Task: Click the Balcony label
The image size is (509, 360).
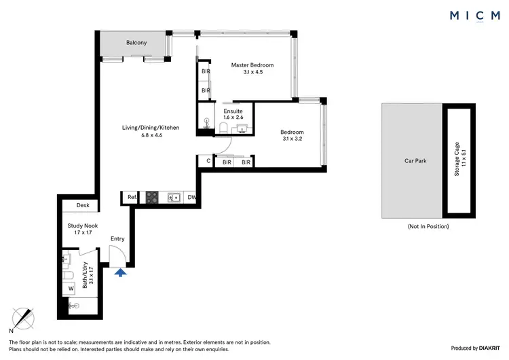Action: click(136, 43)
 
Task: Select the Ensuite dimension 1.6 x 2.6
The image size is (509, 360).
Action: click(234, 118)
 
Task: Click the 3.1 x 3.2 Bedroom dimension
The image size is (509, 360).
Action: click(292, 140)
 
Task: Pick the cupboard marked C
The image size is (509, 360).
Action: click(208, 162)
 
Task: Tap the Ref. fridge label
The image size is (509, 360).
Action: click(132, 198)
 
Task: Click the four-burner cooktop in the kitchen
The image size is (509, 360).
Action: click(153, 198)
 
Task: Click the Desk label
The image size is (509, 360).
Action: click(83, 205)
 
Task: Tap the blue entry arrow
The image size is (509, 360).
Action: click(120, 273)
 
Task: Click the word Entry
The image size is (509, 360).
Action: click(117, 238)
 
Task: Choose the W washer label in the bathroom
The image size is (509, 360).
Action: click(71, 288)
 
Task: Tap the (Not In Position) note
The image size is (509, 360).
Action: click(428, 226)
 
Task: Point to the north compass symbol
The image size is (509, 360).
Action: click(25, 318)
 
